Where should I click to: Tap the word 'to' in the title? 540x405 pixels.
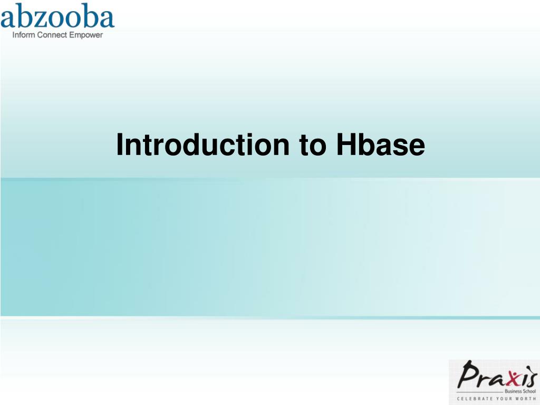tap(314, 145)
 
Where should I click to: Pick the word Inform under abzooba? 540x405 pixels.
tap(22, 35)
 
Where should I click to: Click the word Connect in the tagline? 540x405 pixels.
tap(52, 35)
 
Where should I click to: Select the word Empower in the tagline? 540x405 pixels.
tap(86, 35)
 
